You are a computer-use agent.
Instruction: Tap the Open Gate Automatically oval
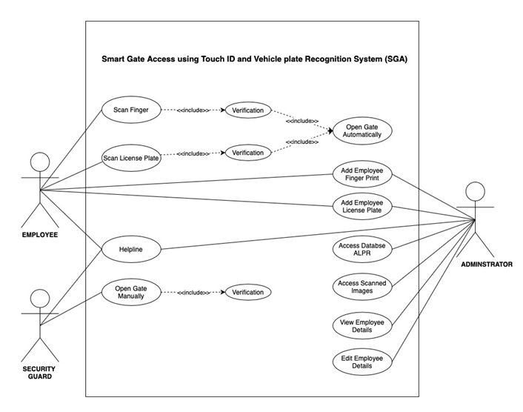click(x=362, y=130)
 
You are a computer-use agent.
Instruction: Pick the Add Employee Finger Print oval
click(x=362, y=174)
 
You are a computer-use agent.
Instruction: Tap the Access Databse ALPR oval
click(x=362, y=250)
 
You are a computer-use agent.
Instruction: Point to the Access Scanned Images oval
click(x=362, y=287)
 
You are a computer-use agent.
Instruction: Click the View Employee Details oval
click(x=362, y=325)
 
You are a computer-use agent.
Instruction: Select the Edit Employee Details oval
click(x=362, y=362)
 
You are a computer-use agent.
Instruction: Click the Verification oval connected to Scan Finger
click(x=247, y=110)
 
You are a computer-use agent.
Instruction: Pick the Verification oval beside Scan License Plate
click(x=247, y=153)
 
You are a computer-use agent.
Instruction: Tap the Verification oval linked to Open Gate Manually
click(x=247, y=292)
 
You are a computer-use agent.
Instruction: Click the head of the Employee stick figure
click(x=40, y=162)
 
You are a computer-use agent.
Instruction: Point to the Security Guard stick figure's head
click(x=40, y=299)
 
